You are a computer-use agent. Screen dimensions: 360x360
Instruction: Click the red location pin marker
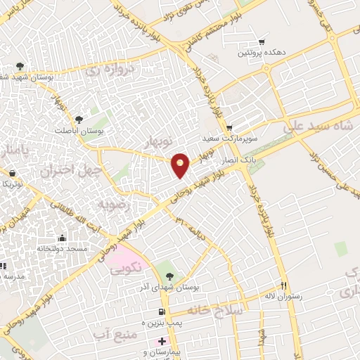tap(181, 165)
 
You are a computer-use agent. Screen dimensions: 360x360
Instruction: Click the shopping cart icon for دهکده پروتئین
tap(262, 41)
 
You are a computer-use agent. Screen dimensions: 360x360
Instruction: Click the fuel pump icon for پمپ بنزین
tap(161, 311)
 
